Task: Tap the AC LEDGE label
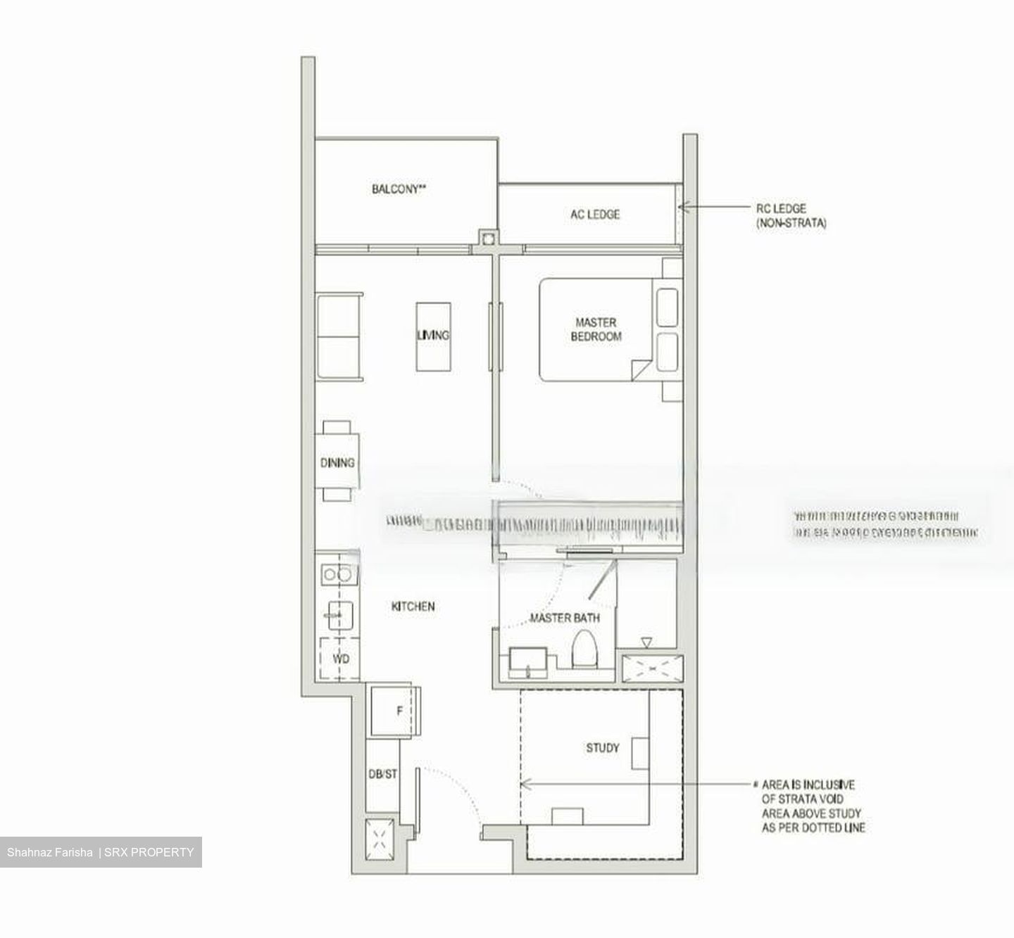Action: click(595, 215)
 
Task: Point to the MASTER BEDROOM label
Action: click(596, 329)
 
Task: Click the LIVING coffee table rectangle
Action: click(433, 336)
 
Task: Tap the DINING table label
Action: click(337, 463)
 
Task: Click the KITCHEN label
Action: click(413, 606)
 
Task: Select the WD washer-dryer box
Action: click(340, 658)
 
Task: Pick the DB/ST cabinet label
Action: click(383, 774)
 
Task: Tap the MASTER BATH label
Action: click(565, 618)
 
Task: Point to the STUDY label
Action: click(603, 747)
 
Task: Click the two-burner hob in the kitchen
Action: click(337, 575)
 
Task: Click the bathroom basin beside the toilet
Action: click(527, 661)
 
